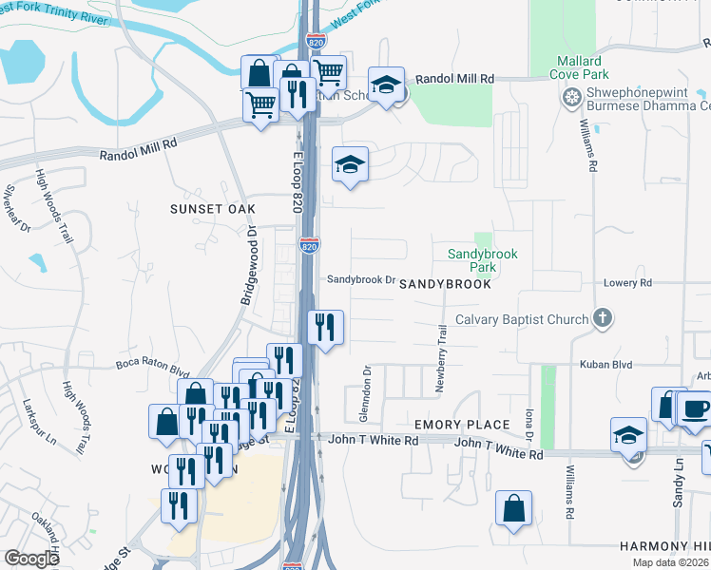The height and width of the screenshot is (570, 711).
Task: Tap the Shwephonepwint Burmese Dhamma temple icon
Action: [x=572, y=96]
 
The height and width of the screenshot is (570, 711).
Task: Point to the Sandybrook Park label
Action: [x=472, y=261]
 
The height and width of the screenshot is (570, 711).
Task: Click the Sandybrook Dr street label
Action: [x=360, y=280]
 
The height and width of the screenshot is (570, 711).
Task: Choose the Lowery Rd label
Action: [x=628, y=283]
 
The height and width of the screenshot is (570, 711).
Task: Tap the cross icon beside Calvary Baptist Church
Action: [x=602, y=318]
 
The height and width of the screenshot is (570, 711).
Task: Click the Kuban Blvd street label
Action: [x=607, y=364]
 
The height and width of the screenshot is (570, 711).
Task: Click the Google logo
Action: [x=32, y=559]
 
